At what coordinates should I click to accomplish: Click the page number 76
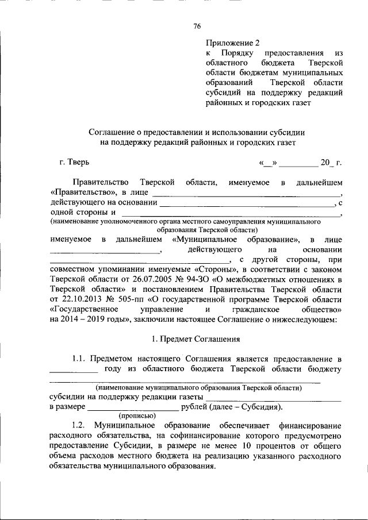coord(197,26)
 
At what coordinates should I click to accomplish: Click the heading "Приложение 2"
coord(233,43)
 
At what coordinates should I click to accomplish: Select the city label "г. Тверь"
coord(74,163)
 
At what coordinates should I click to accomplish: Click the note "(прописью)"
coord(136,415)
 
